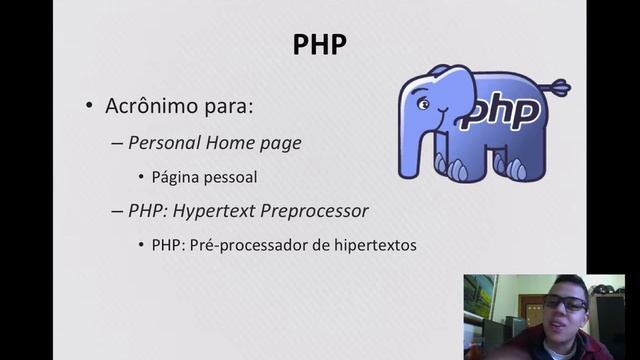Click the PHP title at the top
(x=320, y=45)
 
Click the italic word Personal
(x=164, y=143)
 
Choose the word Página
(x=176, y=177)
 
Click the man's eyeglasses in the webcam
(x=565, y=303)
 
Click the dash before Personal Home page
(x=117, y=143)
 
